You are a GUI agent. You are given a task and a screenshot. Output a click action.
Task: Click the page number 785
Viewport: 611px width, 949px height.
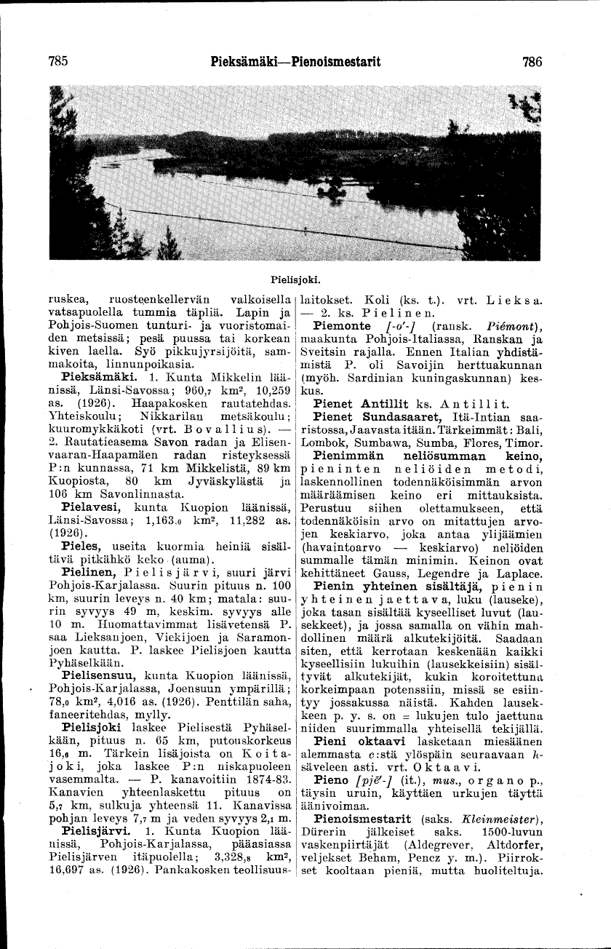coord(58,62)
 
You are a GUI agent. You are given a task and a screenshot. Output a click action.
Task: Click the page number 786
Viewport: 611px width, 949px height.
coord(532,62)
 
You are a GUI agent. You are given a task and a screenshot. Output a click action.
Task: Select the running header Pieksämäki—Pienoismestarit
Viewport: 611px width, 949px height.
coord(295,62)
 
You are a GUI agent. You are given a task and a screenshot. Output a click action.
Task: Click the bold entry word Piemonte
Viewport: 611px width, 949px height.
coord(343,325)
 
